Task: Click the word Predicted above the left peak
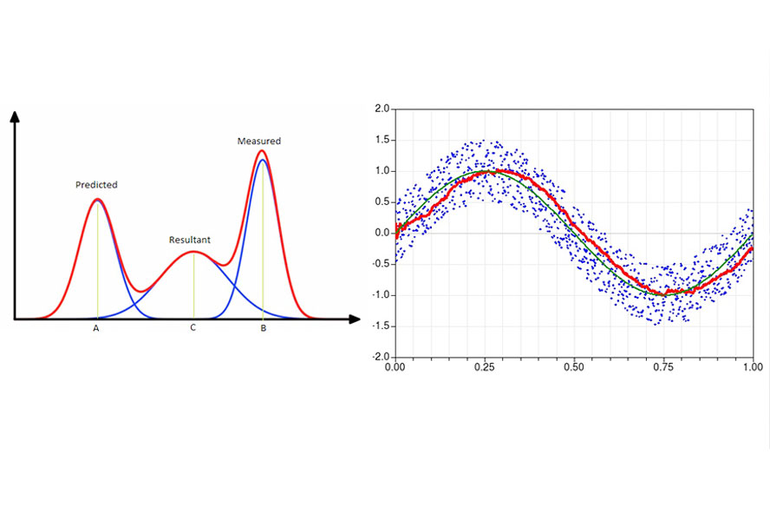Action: [96, 185]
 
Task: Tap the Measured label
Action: [259, 141]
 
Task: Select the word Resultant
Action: [190, 240]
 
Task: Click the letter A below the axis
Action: [96, 328]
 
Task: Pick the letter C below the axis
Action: [192, 328]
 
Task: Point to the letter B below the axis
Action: [263, 328]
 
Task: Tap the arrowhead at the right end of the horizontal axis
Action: [355, 320]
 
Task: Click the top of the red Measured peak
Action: [262, 151]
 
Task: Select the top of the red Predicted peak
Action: [97, 200]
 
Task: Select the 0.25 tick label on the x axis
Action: [484, 367]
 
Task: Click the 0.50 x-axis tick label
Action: [573, 367]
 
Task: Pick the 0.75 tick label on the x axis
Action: [663, 367]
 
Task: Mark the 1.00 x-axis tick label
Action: [752, 367]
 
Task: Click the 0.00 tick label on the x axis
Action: [395, 367]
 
